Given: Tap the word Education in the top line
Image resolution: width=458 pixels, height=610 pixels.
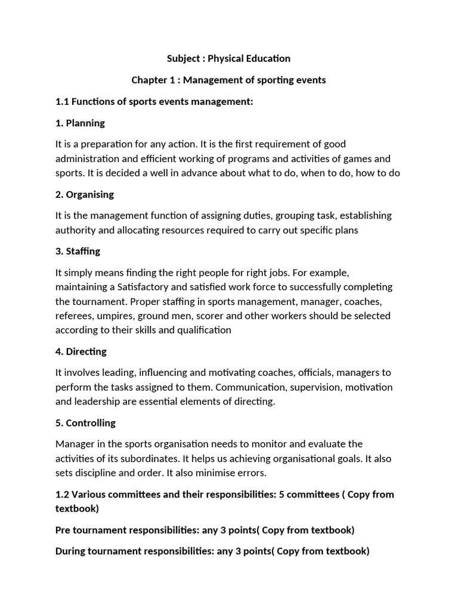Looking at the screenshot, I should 267,58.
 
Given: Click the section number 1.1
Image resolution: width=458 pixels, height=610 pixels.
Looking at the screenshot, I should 62,102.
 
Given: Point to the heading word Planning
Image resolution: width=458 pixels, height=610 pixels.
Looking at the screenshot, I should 85,123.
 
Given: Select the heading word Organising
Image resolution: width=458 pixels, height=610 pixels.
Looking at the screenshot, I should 90,195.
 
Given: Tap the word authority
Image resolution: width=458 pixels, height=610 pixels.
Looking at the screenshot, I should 75,231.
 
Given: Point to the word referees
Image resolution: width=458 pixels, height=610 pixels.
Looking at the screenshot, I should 73,316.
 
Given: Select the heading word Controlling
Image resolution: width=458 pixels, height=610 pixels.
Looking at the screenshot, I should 91,423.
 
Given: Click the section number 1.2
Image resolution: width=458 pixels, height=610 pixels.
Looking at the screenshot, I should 63,494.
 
